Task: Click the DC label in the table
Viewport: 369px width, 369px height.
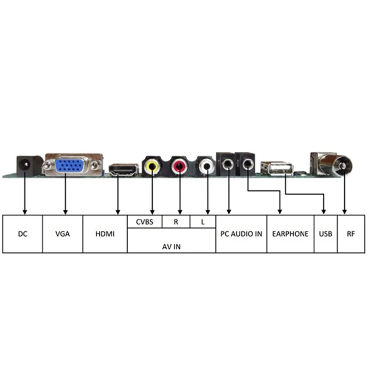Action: click(23, 234)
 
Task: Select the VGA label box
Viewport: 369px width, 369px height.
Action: click(62, 234)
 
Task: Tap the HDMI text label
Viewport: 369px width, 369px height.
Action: click(105, 234)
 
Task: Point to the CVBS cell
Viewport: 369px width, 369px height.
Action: click(144, 221)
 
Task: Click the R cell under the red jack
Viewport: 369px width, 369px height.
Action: click(176, 221)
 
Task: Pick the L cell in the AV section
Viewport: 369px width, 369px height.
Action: click(202, 221)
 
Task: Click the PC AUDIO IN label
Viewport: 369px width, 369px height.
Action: click(241, 234)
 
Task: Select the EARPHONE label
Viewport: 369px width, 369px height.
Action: click(290, 234)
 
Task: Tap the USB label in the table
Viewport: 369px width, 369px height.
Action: click(325, 234)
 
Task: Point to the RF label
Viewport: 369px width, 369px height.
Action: click(350, 234)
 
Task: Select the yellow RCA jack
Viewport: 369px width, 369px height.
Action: click(151, 165)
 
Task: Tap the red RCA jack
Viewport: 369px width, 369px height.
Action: click(179, 165)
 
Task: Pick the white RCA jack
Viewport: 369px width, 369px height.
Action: click(205, 165)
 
